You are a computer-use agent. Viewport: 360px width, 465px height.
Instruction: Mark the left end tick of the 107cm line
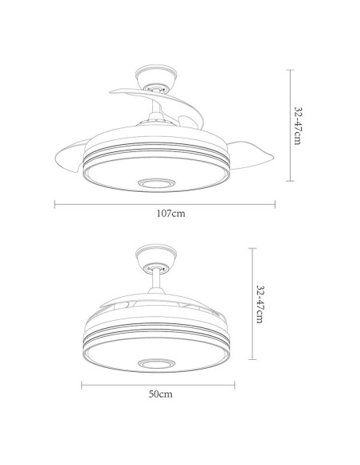click(x=54, y=203)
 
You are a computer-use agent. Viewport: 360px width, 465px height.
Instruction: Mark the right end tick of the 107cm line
click(x=274, y=203)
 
